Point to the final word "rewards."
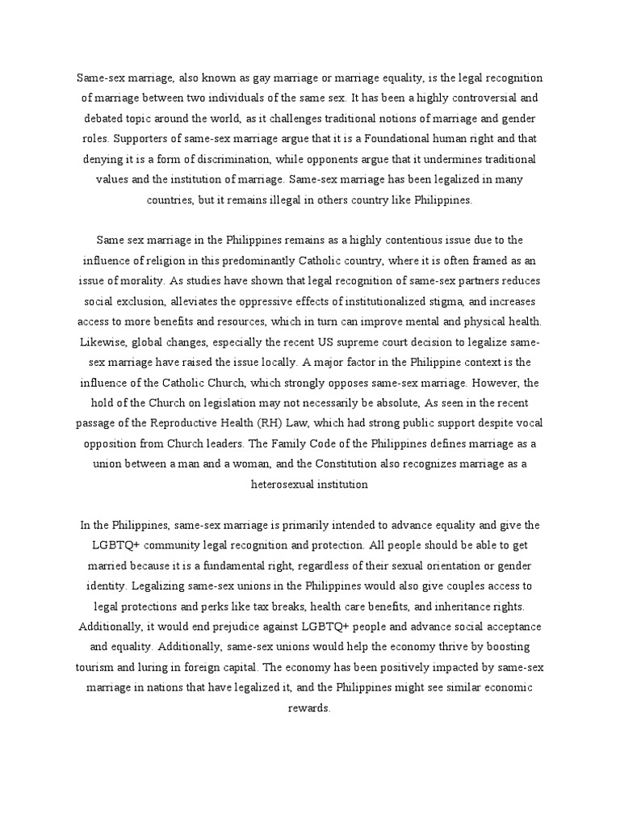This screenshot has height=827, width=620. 309,707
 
